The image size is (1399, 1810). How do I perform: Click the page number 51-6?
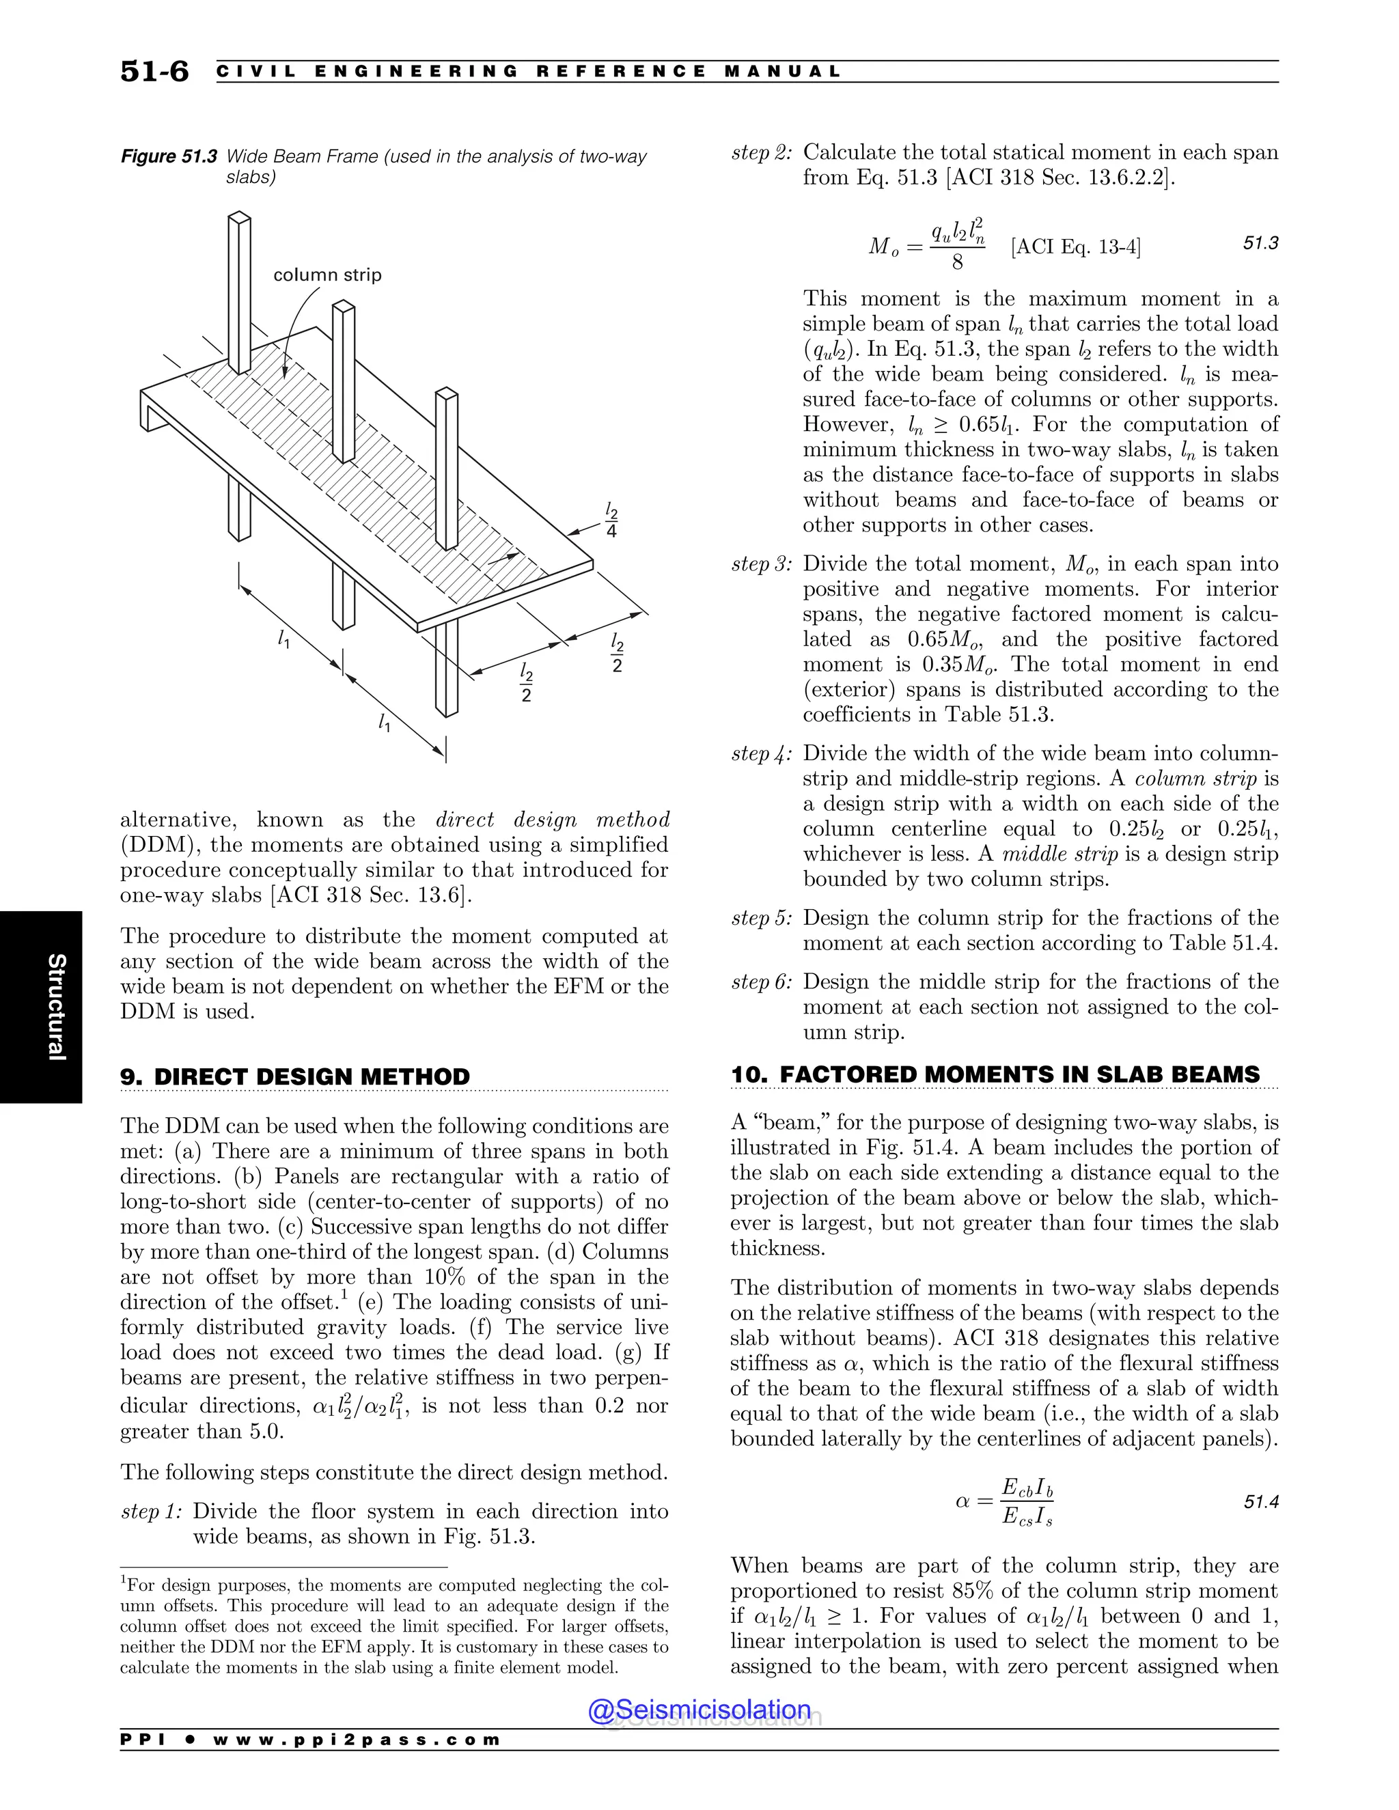point(154,72)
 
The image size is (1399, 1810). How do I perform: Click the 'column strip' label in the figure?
point(327,275)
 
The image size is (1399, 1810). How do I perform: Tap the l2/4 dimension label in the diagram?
point(611,520)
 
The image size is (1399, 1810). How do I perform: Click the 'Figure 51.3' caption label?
point(169,156)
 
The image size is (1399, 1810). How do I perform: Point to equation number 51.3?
point(1260,243)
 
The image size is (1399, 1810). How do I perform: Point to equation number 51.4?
point(1260,1502)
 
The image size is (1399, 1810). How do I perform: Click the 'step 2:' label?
point(762,152)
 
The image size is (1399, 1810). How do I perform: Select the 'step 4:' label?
point(762,753)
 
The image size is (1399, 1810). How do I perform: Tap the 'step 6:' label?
point(762,982)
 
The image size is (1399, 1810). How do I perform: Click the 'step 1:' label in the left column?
point(152,1512)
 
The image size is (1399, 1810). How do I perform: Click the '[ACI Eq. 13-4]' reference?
point(1075,247)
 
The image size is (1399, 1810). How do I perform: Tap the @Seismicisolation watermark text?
point(699,1710)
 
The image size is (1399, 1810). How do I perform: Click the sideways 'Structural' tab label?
point(55,1007)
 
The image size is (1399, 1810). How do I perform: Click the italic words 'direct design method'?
point(552,820)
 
